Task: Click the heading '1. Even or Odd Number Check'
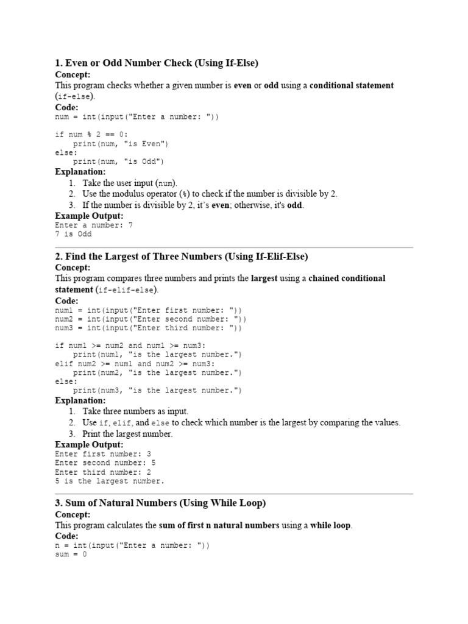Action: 157,62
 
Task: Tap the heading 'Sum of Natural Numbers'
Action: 160,503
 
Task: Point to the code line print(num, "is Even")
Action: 121,144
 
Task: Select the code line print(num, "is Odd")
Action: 118,161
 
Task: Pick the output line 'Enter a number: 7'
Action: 94,225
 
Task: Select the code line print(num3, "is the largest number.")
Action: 157,391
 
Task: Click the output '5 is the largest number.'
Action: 110,481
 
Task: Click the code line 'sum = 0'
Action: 71,555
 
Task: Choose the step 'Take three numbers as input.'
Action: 135,411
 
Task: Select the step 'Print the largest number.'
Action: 127,434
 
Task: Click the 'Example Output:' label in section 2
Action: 89,445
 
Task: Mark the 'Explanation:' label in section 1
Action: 80,172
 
